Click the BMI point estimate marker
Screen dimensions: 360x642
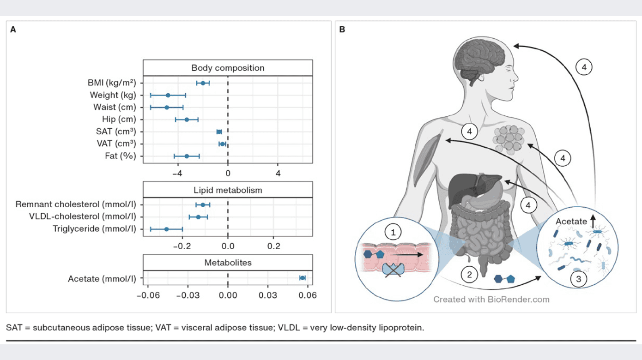click(x=203, y=83)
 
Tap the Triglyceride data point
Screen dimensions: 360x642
click(x=167, y=229)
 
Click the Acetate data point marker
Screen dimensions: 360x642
click(x=303, y=278)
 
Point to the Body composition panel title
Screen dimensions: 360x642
click(x=228, y=68)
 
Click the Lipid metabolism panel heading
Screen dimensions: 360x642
click(x=228, y=190)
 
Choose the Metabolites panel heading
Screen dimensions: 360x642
click(x=228, y=263)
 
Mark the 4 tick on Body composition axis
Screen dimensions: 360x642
click(x=278, y=173)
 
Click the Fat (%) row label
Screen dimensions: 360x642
click(x=121, y=156)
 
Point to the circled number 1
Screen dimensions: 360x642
click(x=394, y=232)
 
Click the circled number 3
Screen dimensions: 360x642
click(x=579, y=278)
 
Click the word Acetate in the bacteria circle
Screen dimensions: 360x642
click(x=571, y=222)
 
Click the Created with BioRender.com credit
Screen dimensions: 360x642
click(x=491, y=300)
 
